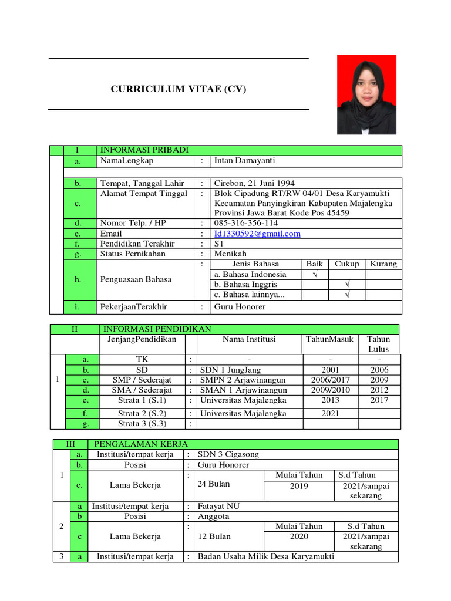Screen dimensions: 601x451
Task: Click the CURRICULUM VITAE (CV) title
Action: tap(179, 89)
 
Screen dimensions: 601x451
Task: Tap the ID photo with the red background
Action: tap(366, 94)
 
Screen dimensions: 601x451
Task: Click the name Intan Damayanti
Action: tap(244, 161)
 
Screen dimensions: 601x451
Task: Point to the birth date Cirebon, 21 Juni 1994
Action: tap(254, 183)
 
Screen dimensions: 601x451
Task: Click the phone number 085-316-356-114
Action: tap(246, 223)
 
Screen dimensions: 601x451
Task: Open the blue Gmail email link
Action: tap(257, 234)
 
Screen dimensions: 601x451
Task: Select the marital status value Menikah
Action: tap(230, 254)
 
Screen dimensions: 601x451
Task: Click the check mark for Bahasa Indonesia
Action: tap(315, 275)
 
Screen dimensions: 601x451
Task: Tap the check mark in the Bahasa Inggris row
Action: tap(346, 285)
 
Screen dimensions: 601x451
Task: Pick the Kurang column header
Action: tap(383, 264)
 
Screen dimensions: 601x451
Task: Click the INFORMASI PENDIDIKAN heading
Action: tap(157, 329)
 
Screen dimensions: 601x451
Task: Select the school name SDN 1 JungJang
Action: tap(230, 370)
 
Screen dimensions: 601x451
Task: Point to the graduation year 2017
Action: tap(379, 400)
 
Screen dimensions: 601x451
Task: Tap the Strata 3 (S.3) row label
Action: tap(142, 423)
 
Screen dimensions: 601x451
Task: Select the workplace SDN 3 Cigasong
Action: tap(228, 454)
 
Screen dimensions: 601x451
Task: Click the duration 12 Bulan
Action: tap(214, 536)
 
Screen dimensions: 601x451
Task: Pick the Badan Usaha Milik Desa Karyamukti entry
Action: tap(265, 556)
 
